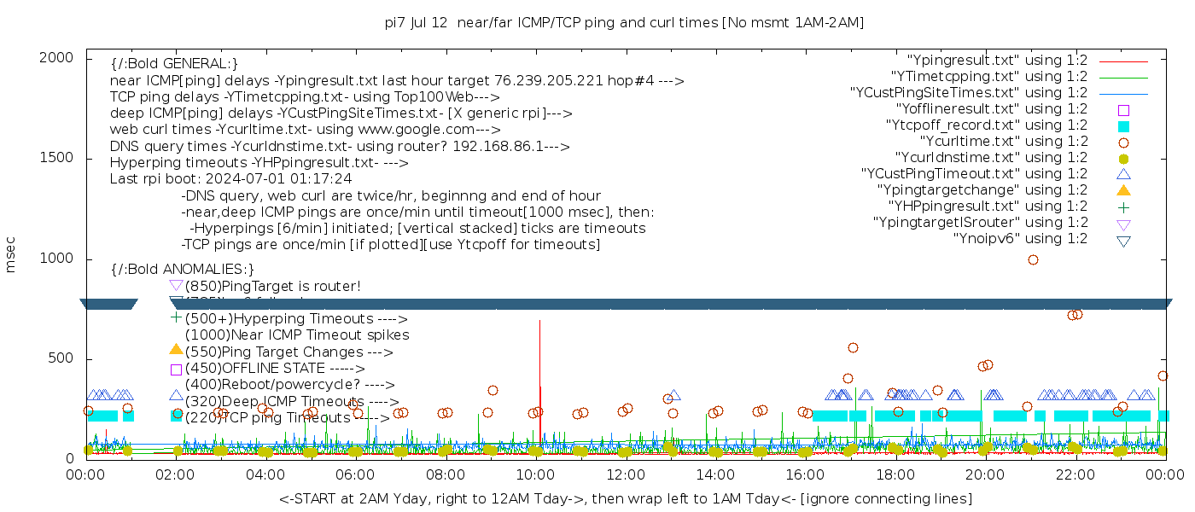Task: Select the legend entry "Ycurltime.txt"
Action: click(1003, 142)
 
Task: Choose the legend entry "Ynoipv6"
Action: click(1020, 239)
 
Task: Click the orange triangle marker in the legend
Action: click(1123, 190)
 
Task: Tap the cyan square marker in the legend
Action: click(1123, 125)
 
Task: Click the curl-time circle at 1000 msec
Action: click(1033, 259)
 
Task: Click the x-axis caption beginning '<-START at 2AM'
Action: click(625, 498)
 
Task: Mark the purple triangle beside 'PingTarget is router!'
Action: click(176, 286)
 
